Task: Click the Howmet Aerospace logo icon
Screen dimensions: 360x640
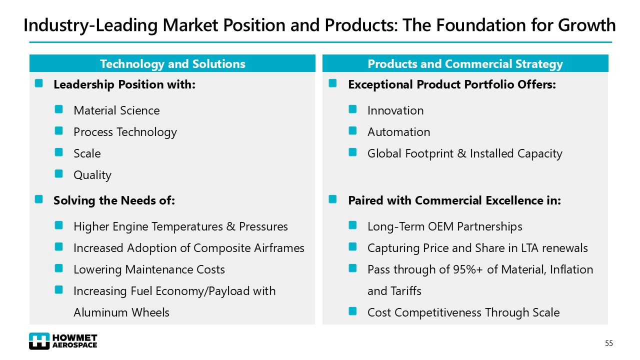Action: (39, 341)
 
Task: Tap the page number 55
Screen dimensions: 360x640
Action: (608, 343)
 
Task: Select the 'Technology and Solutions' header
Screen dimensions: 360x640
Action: (172, 64)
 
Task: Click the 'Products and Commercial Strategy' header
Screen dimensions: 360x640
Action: (465, 64)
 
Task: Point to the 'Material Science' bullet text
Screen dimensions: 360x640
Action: (116, 110)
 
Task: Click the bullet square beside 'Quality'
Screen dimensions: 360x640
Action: (59, 173)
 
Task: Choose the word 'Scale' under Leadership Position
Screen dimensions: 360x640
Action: (87, 153)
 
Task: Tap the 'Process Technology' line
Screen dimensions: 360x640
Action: (125, 132)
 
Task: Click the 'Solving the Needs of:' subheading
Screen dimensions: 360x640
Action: (114, 200)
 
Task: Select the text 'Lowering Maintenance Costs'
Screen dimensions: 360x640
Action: (149, 269)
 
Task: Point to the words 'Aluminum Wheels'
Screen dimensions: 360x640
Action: (121, 312)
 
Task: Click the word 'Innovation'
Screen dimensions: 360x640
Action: (395, 110)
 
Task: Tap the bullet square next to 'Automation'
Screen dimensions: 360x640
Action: (353, 130)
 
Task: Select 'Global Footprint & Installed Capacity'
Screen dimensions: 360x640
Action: (464, 153)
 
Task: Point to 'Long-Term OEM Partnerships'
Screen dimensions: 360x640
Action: (444, 226)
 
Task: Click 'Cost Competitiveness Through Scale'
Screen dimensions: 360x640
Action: (463, 312)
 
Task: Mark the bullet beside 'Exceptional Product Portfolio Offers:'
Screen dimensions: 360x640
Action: (333, 83)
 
